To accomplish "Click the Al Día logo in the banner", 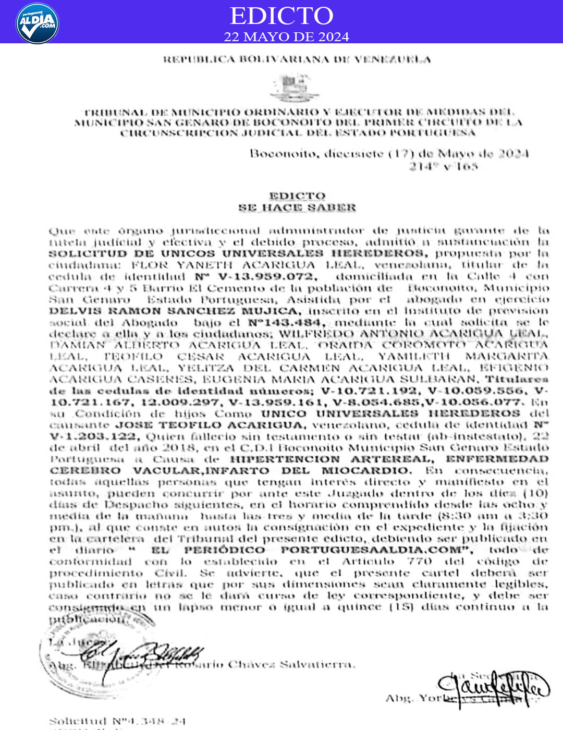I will (37, 23).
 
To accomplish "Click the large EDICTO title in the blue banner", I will (281, 16).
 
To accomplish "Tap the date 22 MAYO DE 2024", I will (286, 36).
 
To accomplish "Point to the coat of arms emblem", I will (295, 88).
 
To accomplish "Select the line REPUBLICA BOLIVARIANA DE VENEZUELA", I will (297, 59).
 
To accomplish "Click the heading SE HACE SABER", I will (297, 208).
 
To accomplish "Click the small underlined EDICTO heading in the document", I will (297, 196).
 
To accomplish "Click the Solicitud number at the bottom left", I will (117, 721).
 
